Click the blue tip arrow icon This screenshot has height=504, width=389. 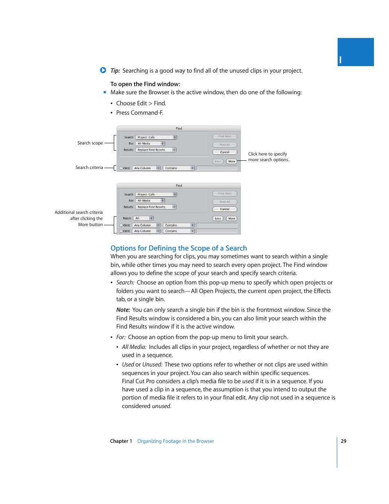pos(103,70)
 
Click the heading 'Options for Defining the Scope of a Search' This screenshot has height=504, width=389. pos(179,248)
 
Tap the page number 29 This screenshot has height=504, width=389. pos(344,441)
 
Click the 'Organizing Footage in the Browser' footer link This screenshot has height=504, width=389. pos(175,441)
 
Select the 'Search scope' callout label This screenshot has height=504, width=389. pos(90,143)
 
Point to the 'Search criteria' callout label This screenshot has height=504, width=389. pos(89,168)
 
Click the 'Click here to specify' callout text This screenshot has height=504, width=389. pos(267,154)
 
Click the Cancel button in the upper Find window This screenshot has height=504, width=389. pos(225,152)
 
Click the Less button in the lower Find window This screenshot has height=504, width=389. pos(218,219)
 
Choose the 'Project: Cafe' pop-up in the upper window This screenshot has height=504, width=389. pos(156,138)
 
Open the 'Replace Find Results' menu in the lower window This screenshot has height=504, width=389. pos(156,207)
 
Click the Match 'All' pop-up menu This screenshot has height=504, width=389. pos(143,218)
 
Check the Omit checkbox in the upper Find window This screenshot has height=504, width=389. pos(121,168)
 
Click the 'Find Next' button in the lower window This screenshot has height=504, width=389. pos(225,194)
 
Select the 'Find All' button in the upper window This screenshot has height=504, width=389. pos(225,145)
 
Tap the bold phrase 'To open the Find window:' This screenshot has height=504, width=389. pos(145,84)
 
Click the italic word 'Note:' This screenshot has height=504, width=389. pos(123,310)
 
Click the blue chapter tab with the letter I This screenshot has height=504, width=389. pos(356,52)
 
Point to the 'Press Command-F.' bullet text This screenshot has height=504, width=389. pos(139,113)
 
